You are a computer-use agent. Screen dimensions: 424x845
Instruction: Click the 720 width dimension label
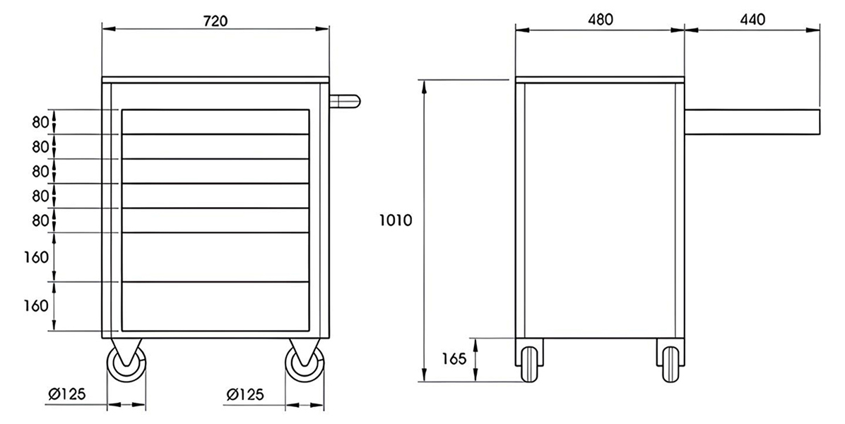(x=215, y=20)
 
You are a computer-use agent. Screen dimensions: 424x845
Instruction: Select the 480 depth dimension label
(x=600, y=20)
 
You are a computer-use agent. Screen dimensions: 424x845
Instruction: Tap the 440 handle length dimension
(x=752, y=20)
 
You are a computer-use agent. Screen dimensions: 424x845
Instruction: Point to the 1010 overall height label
(x=395, y=220)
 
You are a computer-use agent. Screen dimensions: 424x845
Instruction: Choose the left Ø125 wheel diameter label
(x=67, y=394)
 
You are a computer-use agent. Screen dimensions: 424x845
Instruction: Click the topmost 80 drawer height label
(x=40, y=122)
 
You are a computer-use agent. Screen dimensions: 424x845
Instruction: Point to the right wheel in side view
(x=670, y=364)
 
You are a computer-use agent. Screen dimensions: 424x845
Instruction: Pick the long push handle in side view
(x=752, y=122)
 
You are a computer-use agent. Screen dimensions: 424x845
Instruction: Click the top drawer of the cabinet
(x=215, y=122)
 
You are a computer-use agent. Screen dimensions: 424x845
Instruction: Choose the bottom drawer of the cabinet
(x=215, y=306)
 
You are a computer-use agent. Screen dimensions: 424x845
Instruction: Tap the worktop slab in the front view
(x=215, y=80)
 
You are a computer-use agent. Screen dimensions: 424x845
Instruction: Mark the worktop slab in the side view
(x=600, y=80)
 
